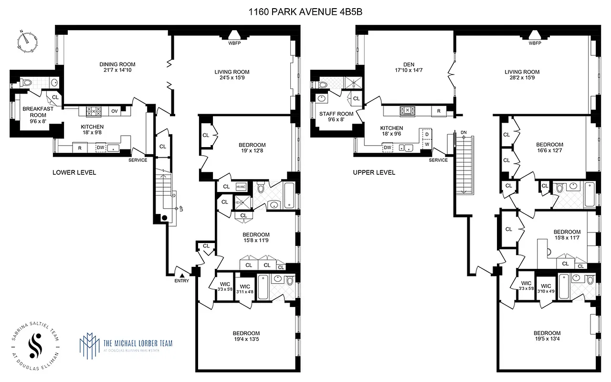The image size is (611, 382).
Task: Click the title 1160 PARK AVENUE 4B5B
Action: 305,11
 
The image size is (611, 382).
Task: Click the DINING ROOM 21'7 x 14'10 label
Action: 117,67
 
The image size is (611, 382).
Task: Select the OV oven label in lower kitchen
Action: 114,111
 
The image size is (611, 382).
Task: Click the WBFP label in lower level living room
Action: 235,43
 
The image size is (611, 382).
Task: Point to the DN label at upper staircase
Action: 464,132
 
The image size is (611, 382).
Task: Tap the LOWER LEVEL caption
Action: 74,172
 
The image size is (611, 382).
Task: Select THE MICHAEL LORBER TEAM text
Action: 138,343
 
